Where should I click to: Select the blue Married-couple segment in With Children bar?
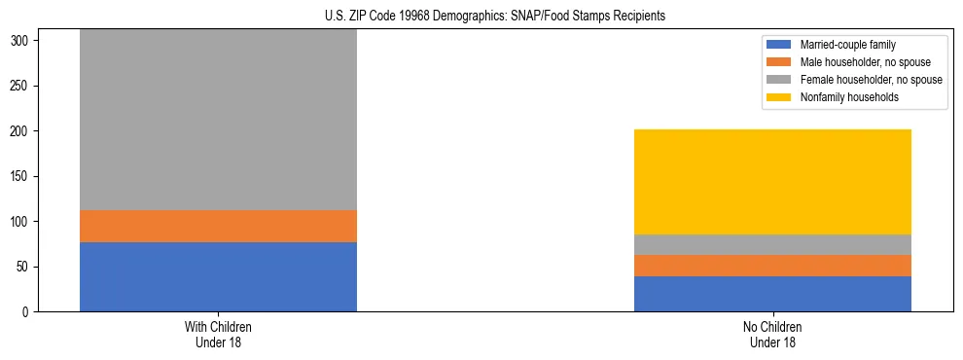click(218, 276)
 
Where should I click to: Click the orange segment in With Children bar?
click(218, 226)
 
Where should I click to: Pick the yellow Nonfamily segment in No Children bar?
click(772, 182)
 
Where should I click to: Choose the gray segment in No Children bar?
click(772, 244)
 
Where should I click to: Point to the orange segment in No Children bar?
click(772, 266)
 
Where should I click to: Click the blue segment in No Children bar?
click(772, 294)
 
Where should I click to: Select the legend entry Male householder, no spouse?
click(858, 62)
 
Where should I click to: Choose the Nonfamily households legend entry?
click(843, 97)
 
